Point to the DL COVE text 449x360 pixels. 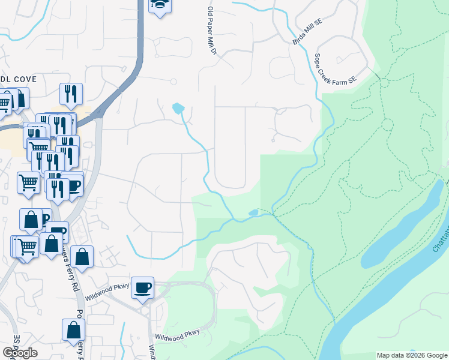tap(19, 79)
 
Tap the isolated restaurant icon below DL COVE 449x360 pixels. tap(71, 94)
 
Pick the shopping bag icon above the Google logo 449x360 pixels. tap(74, 330)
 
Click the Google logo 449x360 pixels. tap(20, 353)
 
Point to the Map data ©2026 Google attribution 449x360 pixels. tap(412, 355)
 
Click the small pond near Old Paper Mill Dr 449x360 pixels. tap(178, 108)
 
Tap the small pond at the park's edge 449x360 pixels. tap(253, 212)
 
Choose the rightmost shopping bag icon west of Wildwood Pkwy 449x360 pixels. tap(82, 257)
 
